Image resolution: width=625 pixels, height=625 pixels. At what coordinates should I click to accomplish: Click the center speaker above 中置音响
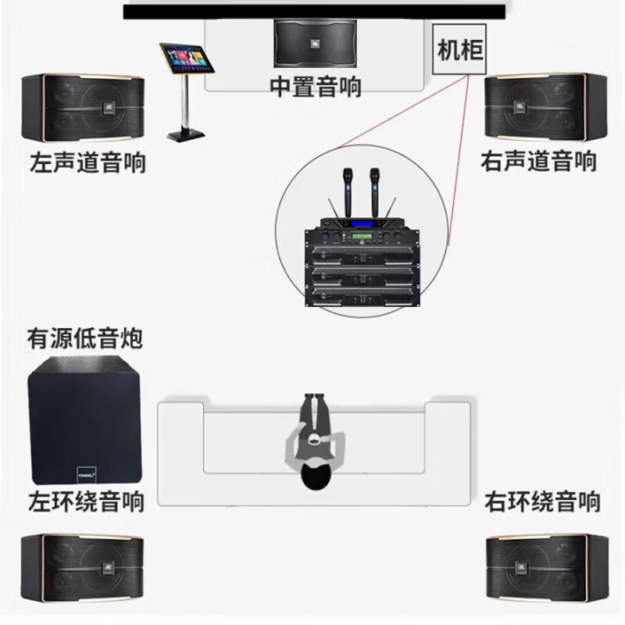point(315,43)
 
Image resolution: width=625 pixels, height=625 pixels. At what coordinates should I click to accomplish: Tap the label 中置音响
point(315,86)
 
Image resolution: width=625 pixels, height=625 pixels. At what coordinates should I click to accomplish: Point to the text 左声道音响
point(87,162)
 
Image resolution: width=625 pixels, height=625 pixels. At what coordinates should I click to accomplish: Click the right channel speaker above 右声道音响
point(545,107)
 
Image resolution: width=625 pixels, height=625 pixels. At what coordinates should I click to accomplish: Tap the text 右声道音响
point(539,162)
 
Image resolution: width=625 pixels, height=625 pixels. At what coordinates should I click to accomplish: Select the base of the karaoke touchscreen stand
point(187,134)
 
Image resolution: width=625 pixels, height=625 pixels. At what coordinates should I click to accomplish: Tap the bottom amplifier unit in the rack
point(359,294)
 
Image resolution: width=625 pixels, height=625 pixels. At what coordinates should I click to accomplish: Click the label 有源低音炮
point(86,339)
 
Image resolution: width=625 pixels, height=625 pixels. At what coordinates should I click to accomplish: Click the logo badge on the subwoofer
point(87,471)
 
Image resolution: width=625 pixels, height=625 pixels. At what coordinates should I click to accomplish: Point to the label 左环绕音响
point(86,501)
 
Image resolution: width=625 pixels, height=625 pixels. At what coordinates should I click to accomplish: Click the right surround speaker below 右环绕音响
point(545,568)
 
